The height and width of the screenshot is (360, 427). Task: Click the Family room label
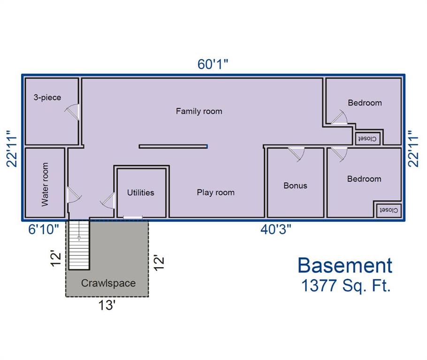[x=199, y=111]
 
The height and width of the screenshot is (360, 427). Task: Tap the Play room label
[x=216, y=192]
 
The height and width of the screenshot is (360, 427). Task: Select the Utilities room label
[x=140, y=193]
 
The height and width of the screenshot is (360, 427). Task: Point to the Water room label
[x=45, y=184]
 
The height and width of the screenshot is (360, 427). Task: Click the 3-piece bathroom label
[x=47, y=97]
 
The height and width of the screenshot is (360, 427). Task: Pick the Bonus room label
[x=295, y=186]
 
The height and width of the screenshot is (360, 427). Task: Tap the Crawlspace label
[x=108, y=283]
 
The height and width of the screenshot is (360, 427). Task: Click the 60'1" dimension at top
[x=213, y=64]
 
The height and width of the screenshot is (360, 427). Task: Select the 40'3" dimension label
[x=275, y=229]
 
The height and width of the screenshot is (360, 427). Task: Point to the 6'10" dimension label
[x=44, y=229]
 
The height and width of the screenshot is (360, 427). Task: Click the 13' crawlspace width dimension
[x=107, y=305]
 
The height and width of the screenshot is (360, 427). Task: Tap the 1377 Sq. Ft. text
[x=346, y=286]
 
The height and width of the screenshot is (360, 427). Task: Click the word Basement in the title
[x=345, y=265]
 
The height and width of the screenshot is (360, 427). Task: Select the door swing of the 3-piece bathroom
[x=72, y=112]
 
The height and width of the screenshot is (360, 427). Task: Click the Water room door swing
[x=74, y=194]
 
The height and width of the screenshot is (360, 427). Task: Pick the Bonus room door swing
[x=297, y=155]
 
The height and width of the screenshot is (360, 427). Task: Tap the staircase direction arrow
[x=79, y=230]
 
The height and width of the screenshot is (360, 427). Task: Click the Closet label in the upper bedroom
[x=367, y=138]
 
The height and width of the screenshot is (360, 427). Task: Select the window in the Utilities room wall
[x=133, y=217]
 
